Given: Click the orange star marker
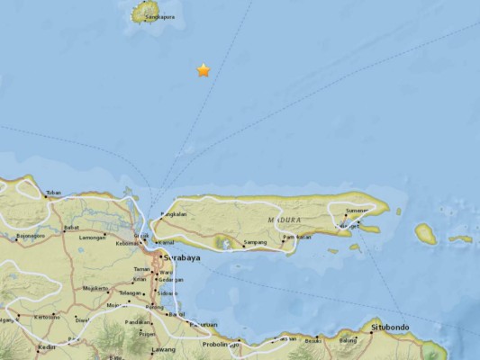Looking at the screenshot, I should tap(204, 69).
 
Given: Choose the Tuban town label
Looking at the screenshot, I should tap(54, 192).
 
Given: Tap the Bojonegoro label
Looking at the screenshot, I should tap(32, 237).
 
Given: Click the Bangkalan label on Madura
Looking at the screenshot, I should tap(173, 214).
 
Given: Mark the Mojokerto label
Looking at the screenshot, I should tap(95, 289).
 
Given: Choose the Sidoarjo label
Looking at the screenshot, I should tap(168, 293).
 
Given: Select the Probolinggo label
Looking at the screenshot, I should tap(219, 344).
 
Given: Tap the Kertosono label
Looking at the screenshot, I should tap(47, 316).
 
